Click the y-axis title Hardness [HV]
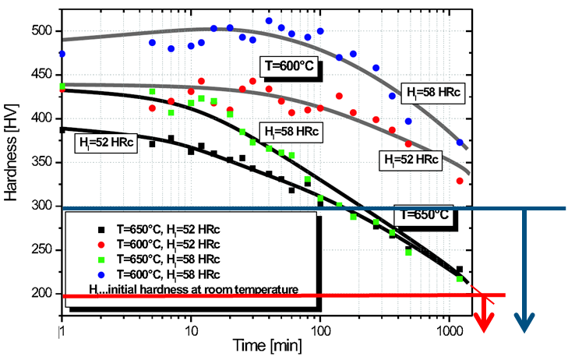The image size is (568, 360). [x=11, y=164]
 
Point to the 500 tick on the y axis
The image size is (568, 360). [x=44, y=30]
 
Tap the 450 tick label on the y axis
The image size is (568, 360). [x=44, y=74]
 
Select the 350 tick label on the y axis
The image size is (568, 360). [x=44, y=162]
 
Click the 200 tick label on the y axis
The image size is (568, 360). [x=44, y=293]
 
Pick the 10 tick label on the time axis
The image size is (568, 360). [x=190, y=331]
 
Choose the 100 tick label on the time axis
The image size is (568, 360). [x=319, y=331]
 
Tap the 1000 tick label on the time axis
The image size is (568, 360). [x=448, y=331]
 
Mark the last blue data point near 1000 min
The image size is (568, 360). [x=460, y=143]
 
